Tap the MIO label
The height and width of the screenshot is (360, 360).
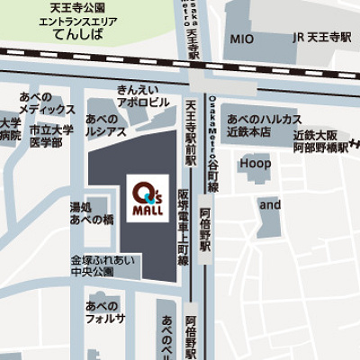click(x=241, y=40)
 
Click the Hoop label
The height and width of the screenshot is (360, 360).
click(x=255, y=164)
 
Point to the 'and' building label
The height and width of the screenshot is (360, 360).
click(x=270, y=204)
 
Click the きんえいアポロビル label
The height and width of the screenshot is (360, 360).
click(x=143, y=96)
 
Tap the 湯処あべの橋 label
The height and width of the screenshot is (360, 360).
click(x=92, y=212)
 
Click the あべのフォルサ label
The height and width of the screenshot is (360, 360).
click(x=105, y=311)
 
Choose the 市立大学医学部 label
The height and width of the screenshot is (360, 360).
click(x=50, y=136)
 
